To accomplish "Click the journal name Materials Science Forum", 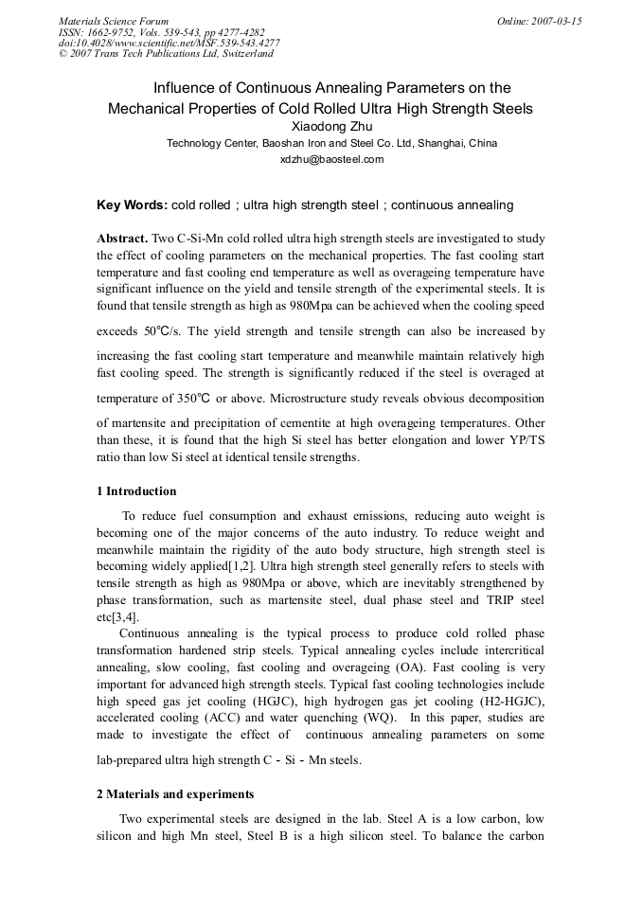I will pos(114,21).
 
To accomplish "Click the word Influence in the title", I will pos(186,88).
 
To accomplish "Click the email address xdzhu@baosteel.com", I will pos(331,160).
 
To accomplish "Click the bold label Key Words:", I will pos(132,205).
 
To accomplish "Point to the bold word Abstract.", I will pos(121,239).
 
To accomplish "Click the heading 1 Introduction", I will pos(136,491).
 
